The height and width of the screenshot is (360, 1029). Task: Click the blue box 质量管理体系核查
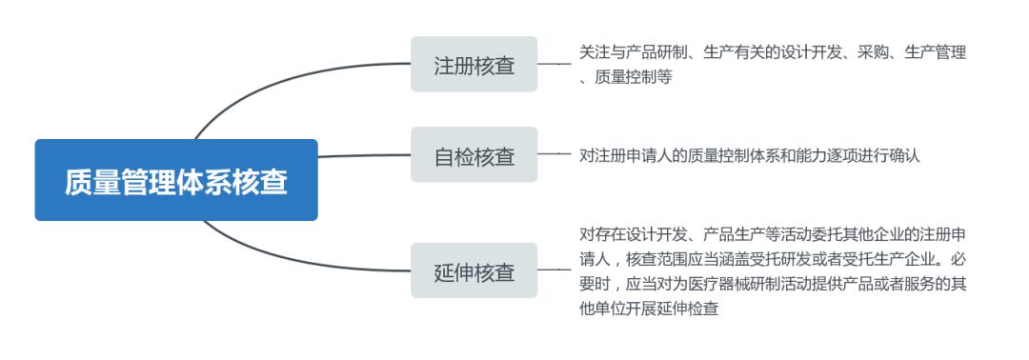tap(176, 180)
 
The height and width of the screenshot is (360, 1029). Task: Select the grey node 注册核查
tap(474, 65)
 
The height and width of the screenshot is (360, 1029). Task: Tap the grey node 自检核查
tap(474, 155)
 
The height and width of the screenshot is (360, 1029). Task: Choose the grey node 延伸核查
tap(474, 271)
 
